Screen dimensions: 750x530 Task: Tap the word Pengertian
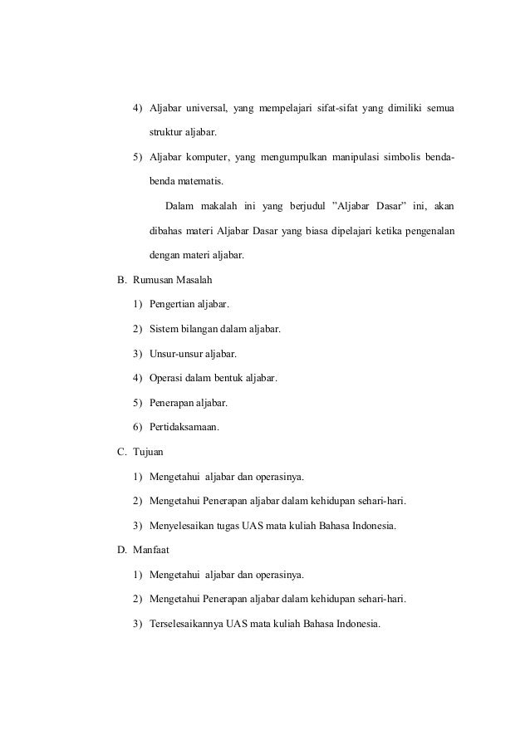pos(175,305)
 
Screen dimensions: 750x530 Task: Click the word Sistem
pos(164,329)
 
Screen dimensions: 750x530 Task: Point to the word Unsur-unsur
pos(175,354)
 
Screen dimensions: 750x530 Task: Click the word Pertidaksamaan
pos(184,428)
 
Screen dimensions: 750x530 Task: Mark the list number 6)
pos(137,428)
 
